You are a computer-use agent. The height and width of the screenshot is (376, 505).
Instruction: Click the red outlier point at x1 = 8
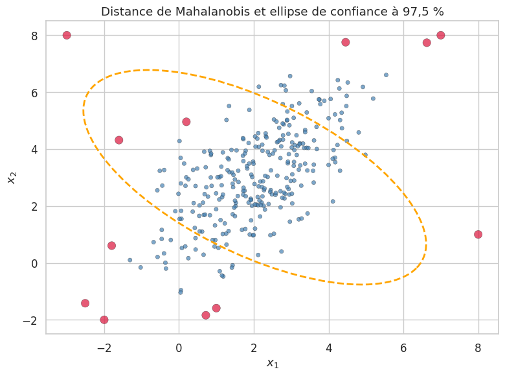[478, 234]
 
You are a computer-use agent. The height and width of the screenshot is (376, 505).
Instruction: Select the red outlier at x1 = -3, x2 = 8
[67, 35]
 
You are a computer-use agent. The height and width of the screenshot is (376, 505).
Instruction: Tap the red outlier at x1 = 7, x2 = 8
[441, 35]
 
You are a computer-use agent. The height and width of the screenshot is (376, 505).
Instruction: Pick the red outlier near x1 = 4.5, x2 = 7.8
[346, 42]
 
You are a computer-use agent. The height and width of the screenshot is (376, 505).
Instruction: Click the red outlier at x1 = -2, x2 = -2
[104, 320]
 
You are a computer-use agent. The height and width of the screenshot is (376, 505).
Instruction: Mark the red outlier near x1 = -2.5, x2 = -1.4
[85, 303]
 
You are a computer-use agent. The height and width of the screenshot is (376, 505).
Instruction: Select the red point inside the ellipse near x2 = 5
[186, 121]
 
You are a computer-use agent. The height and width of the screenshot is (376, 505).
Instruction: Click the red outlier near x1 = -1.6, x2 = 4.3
[119, 140]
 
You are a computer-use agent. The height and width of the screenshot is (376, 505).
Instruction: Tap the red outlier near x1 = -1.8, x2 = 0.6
[111, 246]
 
